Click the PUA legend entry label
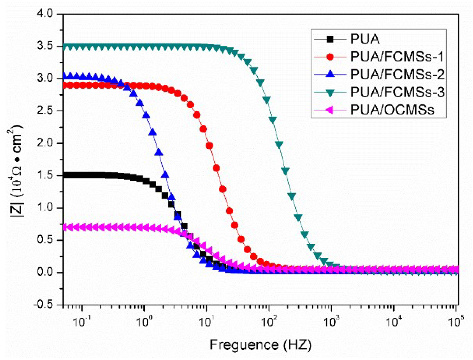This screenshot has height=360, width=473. (x=365, y=39)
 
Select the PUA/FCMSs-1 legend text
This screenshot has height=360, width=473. (x=397, y=57)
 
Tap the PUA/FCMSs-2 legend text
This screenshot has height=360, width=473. (x=397, y=75)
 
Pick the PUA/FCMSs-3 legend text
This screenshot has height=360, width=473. (x=397, y=92)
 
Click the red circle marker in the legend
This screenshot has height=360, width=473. (x=330, y=57)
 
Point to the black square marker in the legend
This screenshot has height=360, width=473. (x=330, y=39)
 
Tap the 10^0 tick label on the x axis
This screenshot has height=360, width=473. (x=144, y=322)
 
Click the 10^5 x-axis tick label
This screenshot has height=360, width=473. (x=455, y=322)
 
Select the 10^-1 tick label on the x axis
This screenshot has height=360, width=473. (x=81, y=322)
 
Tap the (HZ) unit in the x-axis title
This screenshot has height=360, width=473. (x=297, y=345)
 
